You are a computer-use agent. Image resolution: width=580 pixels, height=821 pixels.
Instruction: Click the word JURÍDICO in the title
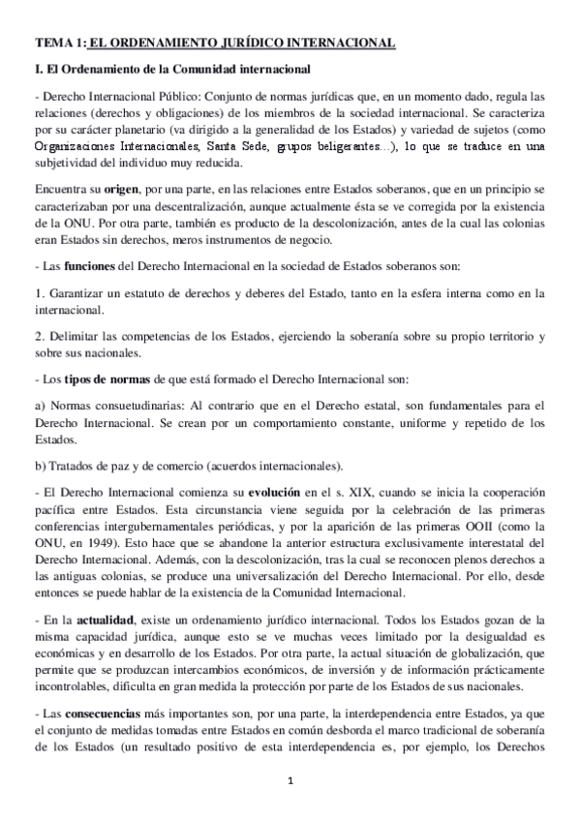pyautogui.click(x=252, y=44)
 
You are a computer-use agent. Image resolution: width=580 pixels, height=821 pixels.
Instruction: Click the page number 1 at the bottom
pyautogui.click(x=290, y=782)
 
